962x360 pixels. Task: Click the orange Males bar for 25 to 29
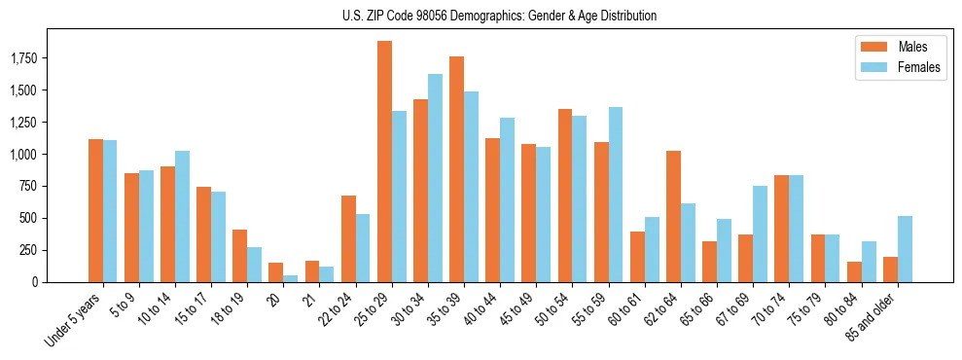tap(384, 162)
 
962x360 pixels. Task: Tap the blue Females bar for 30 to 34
tap(435, 178)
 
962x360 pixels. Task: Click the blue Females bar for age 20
tap(291, 278)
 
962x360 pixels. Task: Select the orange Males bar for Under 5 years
tap(95, 210)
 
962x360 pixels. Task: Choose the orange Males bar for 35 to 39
tap(456, 169)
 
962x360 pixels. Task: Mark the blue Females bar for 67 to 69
tap(760, 234)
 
